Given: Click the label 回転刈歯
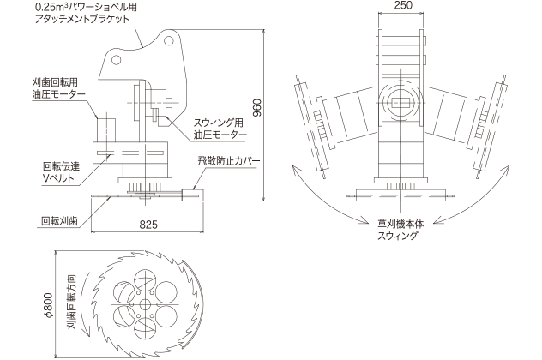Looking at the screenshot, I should click(59, 220).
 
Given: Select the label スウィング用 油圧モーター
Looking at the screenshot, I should click(220, 129).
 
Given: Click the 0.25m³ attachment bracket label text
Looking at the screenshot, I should click(86, 12).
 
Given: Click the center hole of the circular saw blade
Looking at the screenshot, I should click(143, 303).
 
